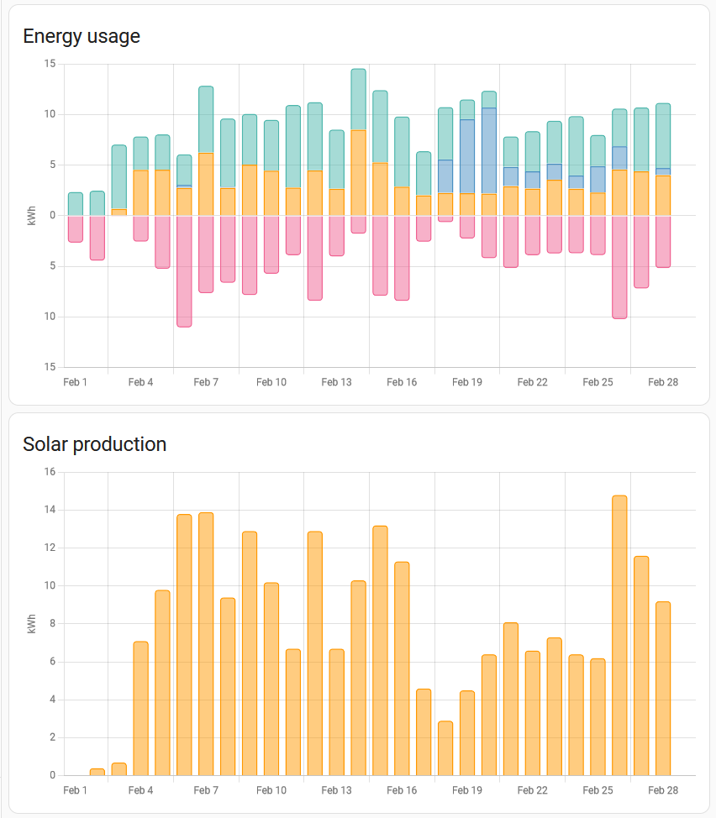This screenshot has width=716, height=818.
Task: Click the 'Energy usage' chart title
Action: (x=82, y=36)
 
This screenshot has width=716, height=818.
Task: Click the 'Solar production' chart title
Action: (x=94, y=444)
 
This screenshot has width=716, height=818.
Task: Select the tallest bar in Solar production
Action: (x=619, y=636)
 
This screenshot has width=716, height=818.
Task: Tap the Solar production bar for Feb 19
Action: (x=467, y=733)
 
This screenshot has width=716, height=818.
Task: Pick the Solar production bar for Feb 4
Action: (x=141, y=709)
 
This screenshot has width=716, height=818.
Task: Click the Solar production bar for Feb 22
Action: (x=532, y=713)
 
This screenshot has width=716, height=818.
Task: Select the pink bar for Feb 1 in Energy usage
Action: (x=76, y=229)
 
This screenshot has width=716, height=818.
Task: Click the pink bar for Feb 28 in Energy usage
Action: (x=663, y=242)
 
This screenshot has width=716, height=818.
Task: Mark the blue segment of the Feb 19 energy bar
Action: (x=467, y=156)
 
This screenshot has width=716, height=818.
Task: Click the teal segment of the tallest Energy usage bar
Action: (x=359, y=99)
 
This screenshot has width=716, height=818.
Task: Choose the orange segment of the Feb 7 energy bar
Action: (x=206, y=184)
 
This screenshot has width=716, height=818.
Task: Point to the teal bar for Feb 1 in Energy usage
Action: (x=76, y=204)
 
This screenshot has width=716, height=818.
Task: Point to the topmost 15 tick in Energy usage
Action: (x=50, y=64)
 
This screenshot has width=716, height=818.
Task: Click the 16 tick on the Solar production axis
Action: (x=50, y=472)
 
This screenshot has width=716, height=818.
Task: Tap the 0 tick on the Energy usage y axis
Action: (x=53, y=216)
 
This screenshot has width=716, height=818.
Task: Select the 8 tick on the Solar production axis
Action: (x=53, y=623)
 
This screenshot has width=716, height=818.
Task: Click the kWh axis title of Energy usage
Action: (x=32, y=216)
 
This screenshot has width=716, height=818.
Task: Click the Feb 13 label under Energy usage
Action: (x=337, y=382)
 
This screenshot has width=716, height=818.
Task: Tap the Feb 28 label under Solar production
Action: (x=663, y=790)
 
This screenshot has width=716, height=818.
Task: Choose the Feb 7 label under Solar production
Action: (x=206, y=790)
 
